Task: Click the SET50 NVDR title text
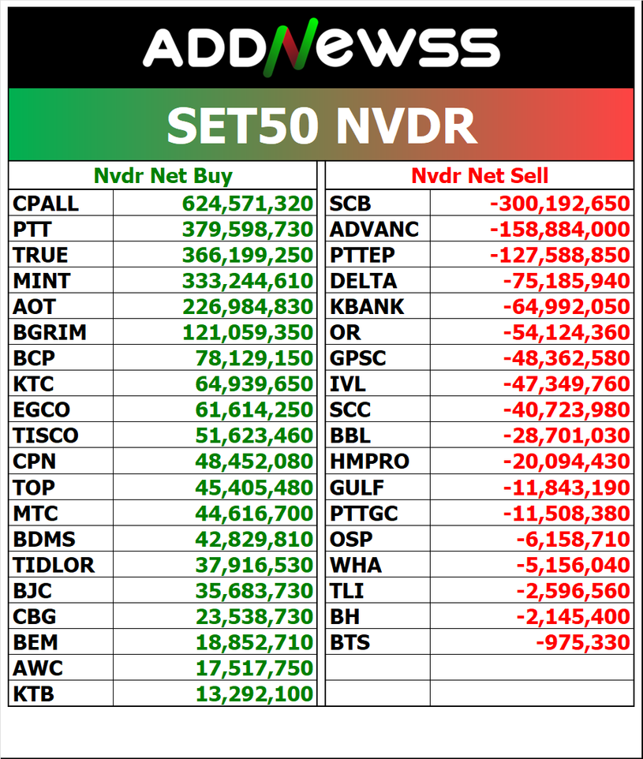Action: (321, 125)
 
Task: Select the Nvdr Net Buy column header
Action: (163, 175)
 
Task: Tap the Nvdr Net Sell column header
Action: (480, 175)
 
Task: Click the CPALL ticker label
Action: (46, 204)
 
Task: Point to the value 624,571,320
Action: (248, 204)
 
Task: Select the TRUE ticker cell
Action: (40, 255)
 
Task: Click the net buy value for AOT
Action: (248, 306)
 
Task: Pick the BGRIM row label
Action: (50, 332)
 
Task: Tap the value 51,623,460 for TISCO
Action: (254, 435)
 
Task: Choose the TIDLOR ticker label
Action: (54, 565)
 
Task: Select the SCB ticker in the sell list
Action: (350, 204)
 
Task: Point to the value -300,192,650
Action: (560, 204)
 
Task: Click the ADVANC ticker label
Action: (374, 230)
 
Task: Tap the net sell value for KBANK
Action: (566, 306)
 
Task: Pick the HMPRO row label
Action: (369, 461)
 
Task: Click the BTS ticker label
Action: (350, 642)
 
